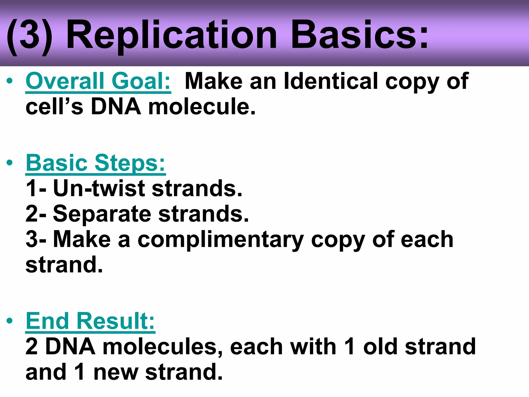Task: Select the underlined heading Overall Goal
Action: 98,81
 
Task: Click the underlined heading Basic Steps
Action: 96,163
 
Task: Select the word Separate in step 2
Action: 102,214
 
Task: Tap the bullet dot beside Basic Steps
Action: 10,163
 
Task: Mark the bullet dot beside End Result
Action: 10,321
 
